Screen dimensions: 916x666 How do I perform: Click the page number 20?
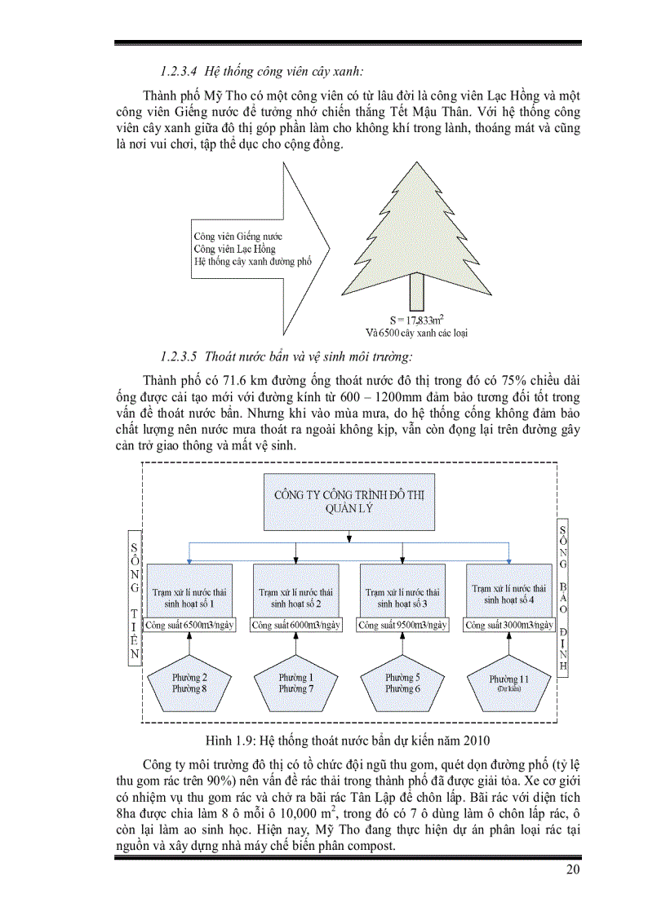click(572, 870)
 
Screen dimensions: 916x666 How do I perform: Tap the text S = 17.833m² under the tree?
click(416, 319)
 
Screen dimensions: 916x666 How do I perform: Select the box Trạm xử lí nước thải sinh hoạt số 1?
click(189, 591)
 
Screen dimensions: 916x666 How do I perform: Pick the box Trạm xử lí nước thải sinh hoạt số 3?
click(402, 591)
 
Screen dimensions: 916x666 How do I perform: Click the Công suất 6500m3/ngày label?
click(189, 626)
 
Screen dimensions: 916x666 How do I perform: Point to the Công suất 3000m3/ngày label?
click(509, 626)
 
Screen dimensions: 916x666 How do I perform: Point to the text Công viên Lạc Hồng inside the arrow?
click(235, 249)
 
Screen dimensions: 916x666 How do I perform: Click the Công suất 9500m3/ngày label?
click(402, 626)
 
